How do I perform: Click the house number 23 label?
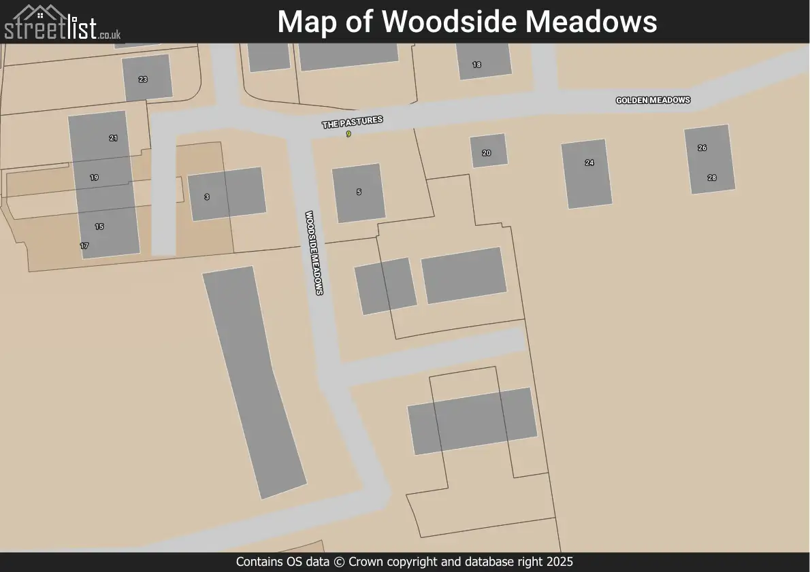(x=143, y=80)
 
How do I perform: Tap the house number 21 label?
(x=113, y=138)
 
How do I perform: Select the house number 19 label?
(x=94, y=178)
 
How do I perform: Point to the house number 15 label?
(x=99, y=226)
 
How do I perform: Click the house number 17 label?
(x=84, y=246)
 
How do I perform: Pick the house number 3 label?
(x=207, y=197)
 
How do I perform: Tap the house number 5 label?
(x=359, y=192)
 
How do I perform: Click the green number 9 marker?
(x=349, y=134)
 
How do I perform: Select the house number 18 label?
(x=476, y=65)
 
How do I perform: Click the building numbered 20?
(x=489, y=150)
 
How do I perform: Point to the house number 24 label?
(x=589, y=163)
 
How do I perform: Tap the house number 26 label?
(x=702, y=148)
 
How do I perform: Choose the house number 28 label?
(x=712, y=178)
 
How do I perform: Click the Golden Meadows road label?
(x=653, y=100)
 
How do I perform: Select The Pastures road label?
(x=352, y=122)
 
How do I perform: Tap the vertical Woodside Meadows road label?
(x=314, y=252)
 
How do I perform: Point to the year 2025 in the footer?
(x=559, y=562)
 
